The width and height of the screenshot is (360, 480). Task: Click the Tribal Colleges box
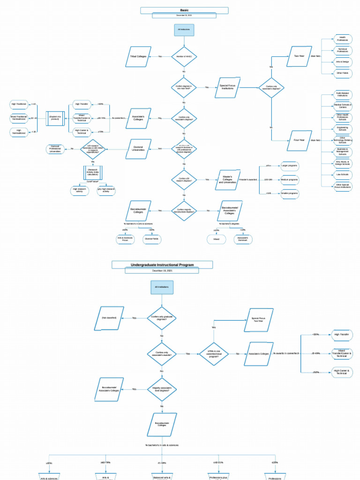click(x=138, y=56)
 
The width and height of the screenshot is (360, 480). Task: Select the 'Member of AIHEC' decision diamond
click(x=184, y=56)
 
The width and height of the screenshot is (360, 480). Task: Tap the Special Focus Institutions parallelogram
click(x=227, y=87)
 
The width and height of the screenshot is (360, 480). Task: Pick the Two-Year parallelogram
click(x=299, y=56)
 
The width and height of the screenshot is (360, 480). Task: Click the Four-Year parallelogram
click(x=299, y=140)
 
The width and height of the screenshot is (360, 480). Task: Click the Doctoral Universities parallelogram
click(x=138, y=149)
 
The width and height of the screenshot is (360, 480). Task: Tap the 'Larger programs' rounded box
click(x=289, y=166)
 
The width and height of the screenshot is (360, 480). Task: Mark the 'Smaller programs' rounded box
click(x=289, y=193)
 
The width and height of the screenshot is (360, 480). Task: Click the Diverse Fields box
click(x=151, y=239)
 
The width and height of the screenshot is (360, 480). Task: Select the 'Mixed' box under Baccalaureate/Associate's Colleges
click(x=216, y=239)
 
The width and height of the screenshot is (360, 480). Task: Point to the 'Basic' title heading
click(x=184, y=10)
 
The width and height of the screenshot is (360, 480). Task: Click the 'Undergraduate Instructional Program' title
click(x=162, y=265)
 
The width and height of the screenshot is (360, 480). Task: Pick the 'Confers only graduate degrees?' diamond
click(x=162, y=318)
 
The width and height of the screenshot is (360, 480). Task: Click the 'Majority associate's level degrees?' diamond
click(x=162, y=389)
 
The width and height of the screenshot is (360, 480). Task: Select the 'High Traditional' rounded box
click(x=19, y=104)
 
